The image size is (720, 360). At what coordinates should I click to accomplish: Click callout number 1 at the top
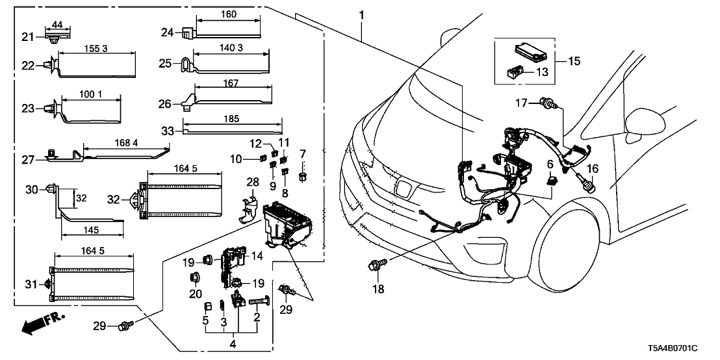click(x=361, y=15)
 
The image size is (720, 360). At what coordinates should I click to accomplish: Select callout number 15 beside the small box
click(x=574, y=62)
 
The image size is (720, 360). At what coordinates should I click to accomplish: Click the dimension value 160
click(x=228, y=14)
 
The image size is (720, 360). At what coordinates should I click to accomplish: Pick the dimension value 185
click(x=231, y=120)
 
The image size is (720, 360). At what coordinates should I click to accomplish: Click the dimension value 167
click(x=231, y=83)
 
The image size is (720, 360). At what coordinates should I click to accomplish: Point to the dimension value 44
click(x=57, y=24)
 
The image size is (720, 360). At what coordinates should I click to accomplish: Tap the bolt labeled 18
click(x=375, y=266)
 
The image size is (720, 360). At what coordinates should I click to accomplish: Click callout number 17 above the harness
click(x=521, y=102)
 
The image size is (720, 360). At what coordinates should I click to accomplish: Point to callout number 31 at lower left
click(x=29, y=283)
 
